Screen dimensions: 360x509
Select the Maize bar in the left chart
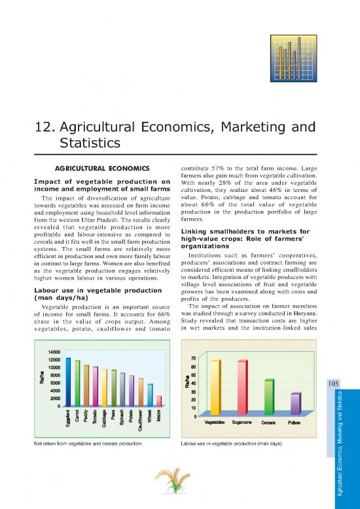(159, 401)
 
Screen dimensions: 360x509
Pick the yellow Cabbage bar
(105, 387)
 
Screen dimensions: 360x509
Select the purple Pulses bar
(296, 403)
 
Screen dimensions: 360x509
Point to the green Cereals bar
(269, 396)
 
